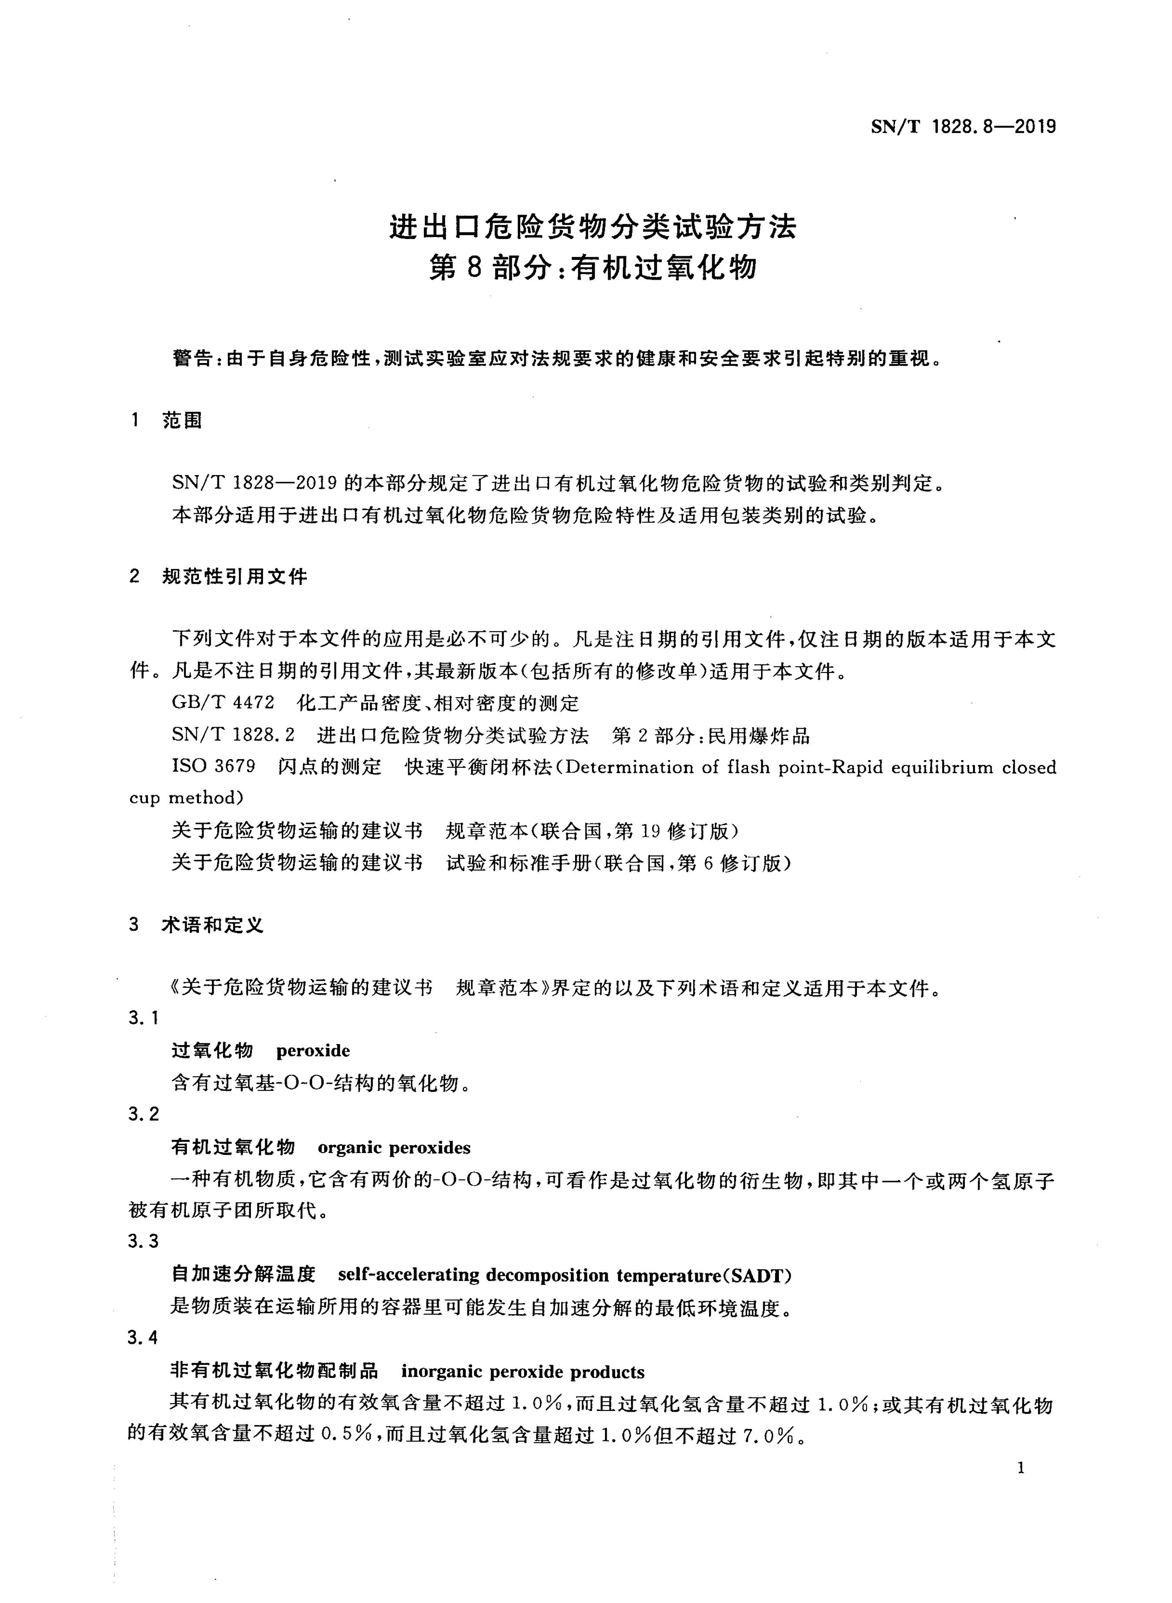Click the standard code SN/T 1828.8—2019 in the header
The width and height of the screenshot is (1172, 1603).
click(963, 127)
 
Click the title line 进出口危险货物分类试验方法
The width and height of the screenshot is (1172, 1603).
click(593, 227)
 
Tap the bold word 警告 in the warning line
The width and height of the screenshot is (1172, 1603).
click(192, 359)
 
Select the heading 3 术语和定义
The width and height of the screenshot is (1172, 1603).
click(196, 924)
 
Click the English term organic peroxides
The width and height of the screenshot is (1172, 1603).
click(394, 1147)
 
